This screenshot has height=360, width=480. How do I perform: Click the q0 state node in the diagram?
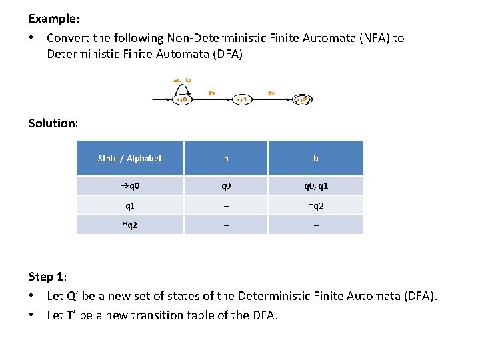(181, 100)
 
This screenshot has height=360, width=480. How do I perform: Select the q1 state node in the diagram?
(243, 100)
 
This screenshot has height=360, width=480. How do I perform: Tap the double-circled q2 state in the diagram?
(301, 100)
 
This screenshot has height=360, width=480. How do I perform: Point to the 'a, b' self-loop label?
(182, 80)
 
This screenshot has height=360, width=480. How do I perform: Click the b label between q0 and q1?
(211, 93)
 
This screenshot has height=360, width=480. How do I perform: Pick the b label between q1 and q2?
(271, 93)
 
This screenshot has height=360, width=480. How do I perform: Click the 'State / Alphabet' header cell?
(129, 158)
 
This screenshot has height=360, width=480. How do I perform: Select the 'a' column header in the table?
(226, 158)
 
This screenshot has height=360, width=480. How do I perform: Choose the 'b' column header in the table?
(316, 158)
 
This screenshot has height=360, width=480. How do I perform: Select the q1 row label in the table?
(129, 205)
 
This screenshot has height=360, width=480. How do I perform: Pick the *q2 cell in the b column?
(316, 205)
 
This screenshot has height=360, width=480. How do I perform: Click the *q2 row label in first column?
(129, 225)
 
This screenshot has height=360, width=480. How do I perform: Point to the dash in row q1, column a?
(226, 206)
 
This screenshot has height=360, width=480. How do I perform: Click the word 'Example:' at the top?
(53, 18)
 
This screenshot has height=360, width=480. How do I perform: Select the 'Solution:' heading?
(53, 123)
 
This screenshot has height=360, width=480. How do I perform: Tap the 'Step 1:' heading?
(48, 276)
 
